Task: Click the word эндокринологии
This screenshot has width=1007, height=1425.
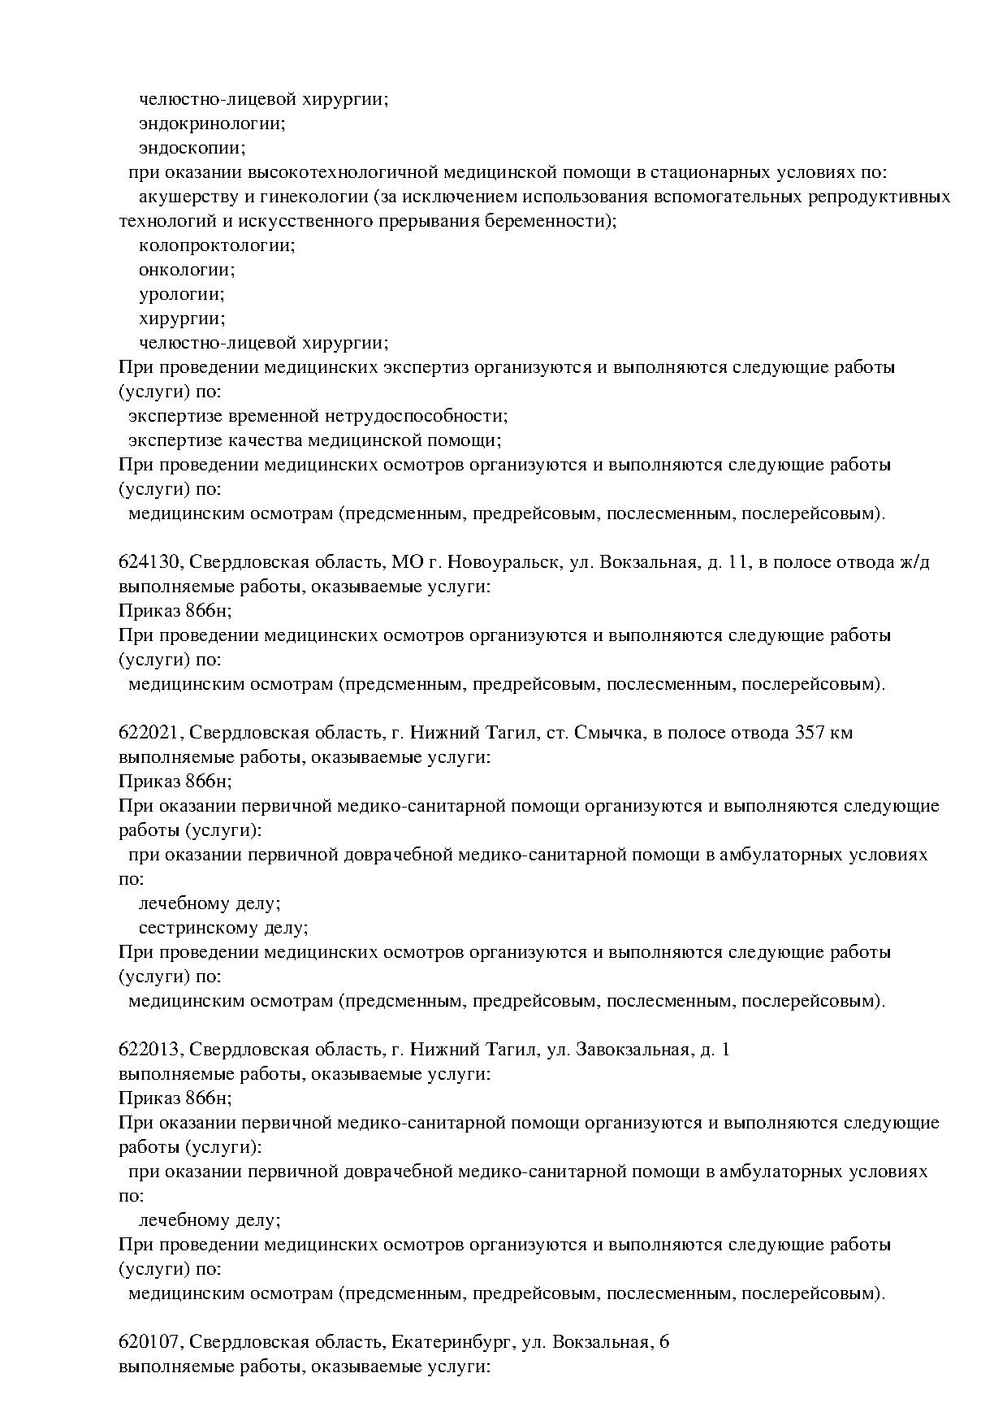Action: coord(211,124)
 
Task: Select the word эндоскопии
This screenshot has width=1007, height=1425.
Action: coord(192,149)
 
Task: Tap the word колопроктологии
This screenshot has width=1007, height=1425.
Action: coord(217,245)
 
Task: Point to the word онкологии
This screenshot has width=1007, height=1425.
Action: coord(187,270)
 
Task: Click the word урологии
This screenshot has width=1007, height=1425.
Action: coord(181,294)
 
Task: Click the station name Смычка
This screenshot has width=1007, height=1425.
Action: coord(607,733)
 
